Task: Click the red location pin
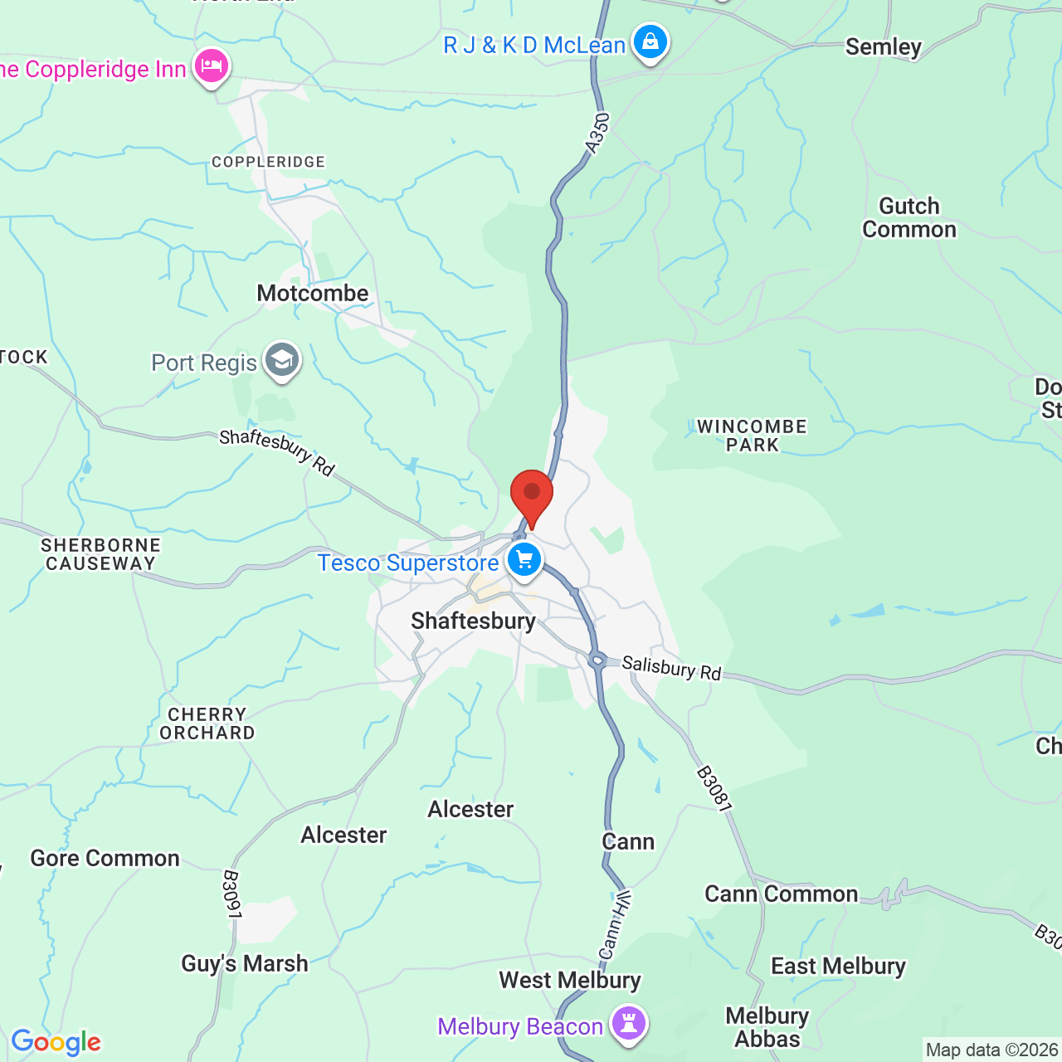(531, 493)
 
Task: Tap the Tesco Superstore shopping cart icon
(524, 560)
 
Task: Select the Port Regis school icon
(282, 361)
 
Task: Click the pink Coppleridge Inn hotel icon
(212, 66)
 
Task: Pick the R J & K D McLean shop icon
(650, 41)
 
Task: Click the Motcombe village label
(313, 293)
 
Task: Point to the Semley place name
(883, 47)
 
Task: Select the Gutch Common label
(909, 217)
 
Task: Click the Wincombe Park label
(752, 436)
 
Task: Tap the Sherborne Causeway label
(101, 554)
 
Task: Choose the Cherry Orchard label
(207, 723)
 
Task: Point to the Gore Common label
(105, 858)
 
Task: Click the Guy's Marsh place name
(245, 963)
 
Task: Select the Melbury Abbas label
(767, 1027)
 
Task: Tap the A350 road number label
(597, 134)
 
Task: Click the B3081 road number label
(714, 789)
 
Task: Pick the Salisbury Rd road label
(671, 668)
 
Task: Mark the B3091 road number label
(232, 894)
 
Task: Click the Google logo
(56, 1042)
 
